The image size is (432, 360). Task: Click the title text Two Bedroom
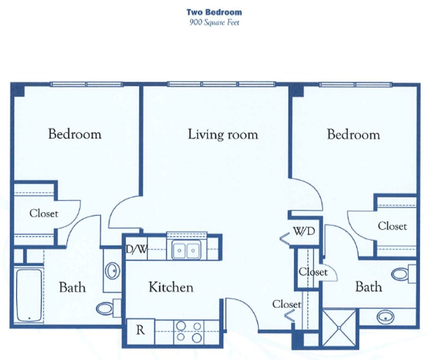tap(214, 13)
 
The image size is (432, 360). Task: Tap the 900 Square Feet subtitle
tap(214, 22)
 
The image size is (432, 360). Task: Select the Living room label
tap(223, 134)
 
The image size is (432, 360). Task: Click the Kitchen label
tap(171, 287)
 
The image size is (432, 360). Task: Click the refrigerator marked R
tap(140, 330)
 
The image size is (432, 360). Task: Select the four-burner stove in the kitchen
tap(189, 332)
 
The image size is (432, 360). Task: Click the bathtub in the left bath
tap(28, 295)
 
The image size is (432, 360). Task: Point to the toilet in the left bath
tap(107, 308)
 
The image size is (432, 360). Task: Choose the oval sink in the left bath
tap(111, 271)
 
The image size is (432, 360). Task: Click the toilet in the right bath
tap(402, 274)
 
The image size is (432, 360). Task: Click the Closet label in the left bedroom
tap(43, 213)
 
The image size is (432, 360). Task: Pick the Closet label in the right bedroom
tap(392, 226)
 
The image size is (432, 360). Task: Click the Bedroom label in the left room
tap(75, 134)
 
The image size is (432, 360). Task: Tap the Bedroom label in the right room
tap(353, 134)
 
